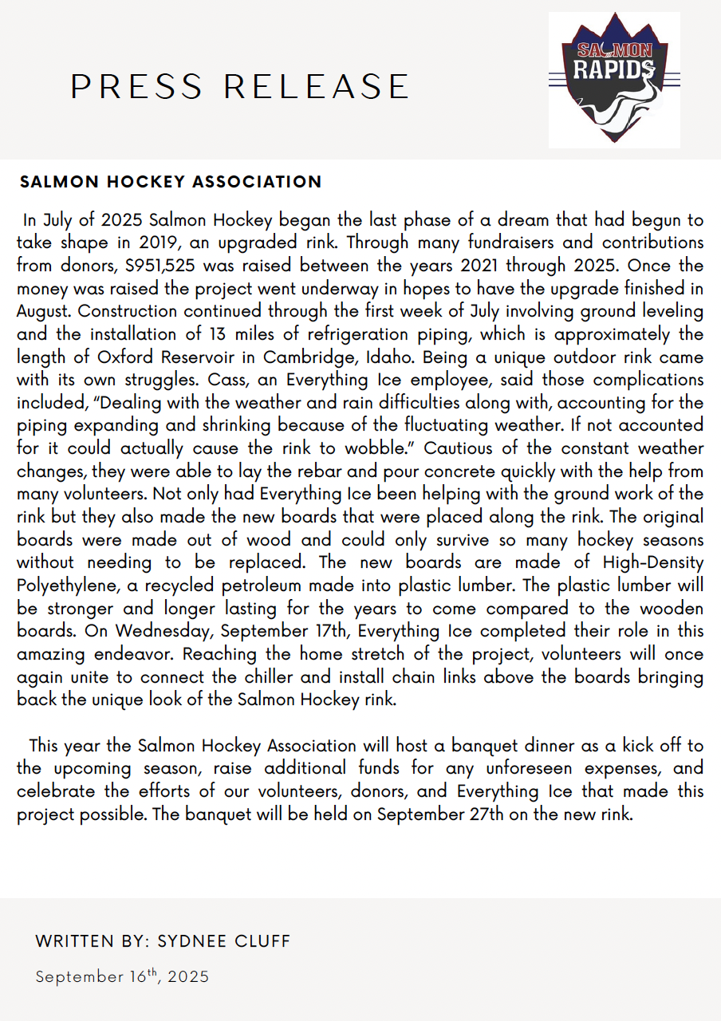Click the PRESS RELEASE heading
pos(240,87)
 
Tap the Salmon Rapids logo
pos(613,80)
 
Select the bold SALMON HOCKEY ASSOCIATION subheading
pos(171,182)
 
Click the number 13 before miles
pos(218,334)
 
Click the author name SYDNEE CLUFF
pos(224,941)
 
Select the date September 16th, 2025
pos(122,976)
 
